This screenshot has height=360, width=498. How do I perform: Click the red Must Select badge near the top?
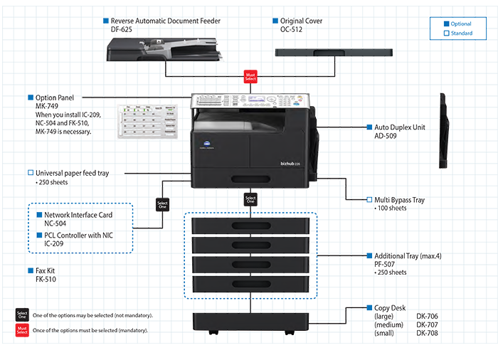(x=250, y=76)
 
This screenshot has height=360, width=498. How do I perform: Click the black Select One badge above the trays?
(x=250, y=200)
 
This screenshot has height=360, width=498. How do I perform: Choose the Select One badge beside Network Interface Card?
(x=162, y=205)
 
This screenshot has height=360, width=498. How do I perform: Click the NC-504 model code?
(x=55, y=223)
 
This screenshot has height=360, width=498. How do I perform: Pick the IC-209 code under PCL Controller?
(x=55, y=243)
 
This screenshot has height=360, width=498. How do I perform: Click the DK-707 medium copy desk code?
(x=428, y=324)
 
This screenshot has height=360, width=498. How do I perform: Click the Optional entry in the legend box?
(x=460, y=24)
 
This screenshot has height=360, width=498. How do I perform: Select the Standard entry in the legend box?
(x=460, y=33)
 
